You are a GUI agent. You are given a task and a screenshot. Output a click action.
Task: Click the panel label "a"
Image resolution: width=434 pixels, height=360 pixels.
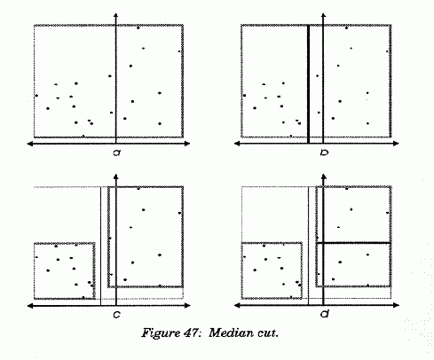tap(117, 153)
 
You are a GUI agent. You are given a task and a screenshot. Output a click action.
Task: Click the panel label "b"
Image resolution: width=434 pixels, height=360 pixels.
tap(324, 153)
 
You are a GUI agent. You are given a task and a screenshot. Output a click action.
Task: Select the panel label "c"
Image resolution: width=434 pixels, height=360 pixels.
tap(117, 315)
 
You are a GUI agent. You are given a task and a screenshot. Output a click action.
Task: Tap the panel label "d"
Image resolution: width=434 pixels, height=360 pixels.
tap(325, 314)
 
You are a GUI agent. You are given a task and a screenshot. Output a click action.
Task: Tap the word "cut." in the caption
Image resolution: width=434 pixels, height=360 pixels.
tap(268, 333)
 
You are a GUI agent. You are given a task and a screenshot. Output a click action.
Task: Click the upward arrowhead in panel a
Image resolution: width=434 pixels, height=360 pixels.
tap(116, 16)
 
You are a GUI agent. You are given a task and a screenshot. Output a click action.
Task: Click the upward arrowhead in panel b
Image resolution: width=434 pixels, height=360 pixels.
tap(323, 16)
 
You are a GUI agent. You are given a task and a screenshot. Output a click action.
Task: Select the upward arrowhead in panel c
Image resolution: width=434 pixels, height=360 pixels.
tap(116, 176)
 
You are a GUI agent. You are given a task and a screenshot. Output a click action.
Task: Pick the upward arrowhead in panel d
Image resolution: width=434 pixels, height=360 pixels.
tap(324, 176)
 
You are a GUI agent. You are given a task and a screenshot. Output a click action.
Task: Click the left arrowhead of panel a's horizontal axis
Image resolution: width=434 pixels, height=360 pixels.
tap(30, 144)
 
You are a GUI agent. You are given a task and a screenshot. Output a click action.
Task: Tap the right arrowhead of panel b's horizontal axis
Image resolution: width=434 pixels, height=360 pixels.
tap(396, 144)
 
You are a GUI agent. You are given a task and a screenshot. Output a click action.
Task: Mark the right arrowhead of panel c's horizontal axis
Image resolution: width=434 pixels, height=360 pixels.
tap(187, 306)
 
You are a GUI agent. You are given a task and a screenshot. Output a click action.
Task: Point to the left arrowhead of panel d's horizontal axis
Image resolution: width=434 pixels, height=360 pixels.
tap(237, 305)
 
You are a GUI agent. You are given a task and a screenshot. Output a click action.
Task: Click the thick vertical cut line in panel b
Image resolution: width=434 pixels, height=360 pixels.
tap(308, 84)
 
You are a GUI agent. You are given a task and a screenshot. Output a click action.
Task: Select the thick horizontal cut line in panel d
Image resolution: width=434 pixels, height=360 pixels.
tap(354, 243)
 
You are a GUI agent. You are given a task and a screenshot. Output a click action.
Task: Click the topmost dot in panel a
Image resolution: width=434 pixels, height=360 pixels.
tap(138, 27)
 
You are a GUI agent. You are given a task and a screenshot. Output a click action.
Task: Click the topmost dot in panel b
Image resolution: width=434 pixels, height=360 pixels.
tap(346, 27)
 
